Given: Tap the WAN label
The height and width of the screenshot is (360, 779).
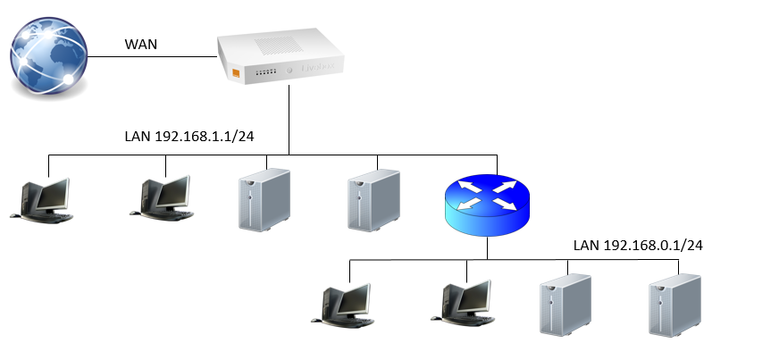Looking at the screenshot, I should click(x=142, y=43).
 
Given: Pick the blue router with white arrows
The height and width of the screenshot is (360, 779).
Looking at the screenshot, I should click(x=487, y=205).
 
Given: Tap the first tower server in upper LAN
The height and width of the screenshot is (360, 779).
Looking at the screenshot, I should click(x=265, y=201).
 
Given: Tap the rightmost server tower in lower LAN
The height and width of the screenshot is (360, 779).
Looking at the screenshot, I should click(x=674, y=305).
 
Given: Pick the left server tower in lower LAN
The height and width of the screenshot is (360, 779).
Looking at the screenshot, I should click(x=565, y=305).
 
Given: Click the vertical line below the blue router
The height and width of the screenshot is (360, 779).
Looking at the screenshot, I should click(x=487, y=248).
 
